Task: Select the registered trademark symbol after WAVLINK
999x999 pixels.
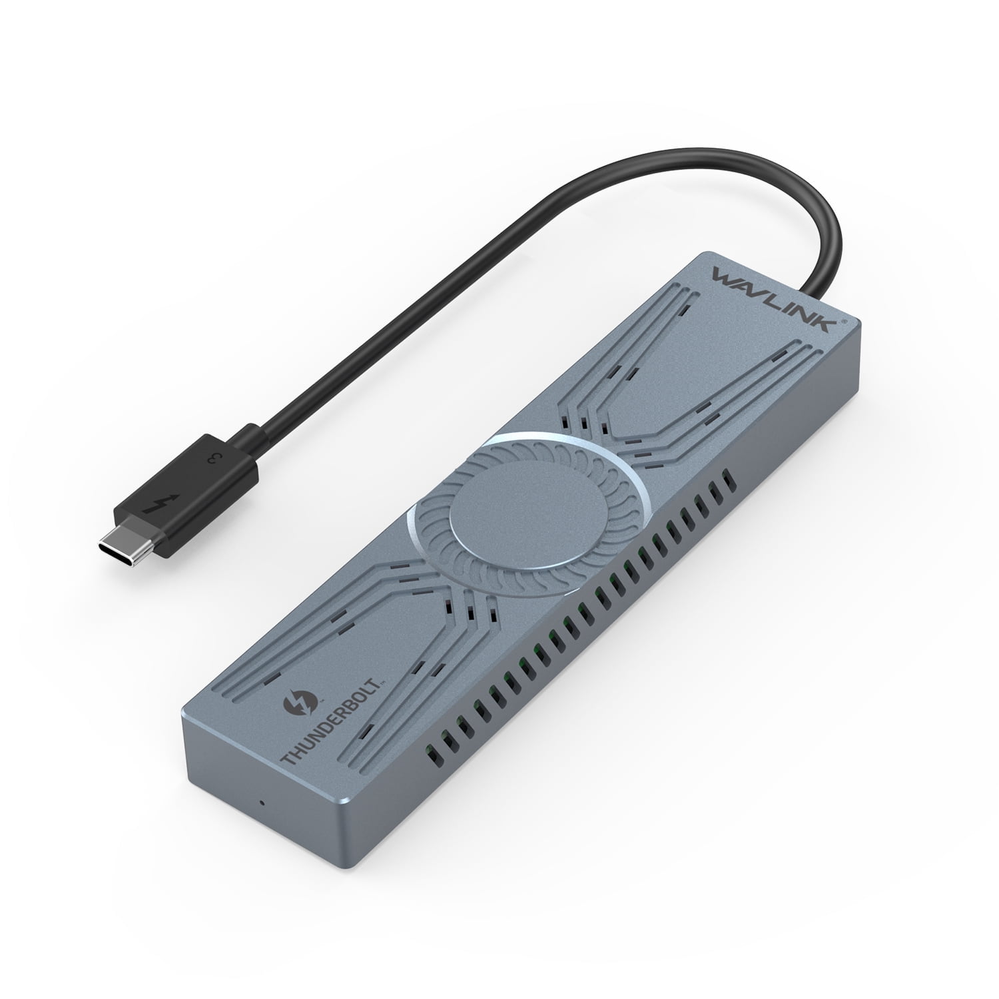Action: coord(844,320)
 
